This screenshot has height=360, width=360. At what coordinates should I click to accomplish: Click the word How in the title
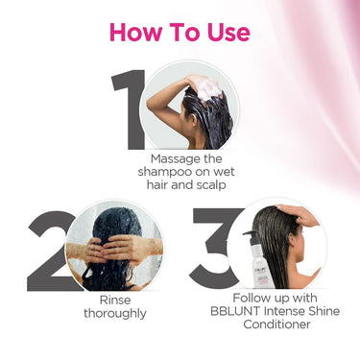[135, 33]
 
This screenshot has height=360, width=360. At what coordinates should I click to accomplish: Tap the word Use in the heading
[228, 33]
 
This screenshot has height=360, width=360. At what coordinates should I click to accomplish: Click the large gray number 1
[129, 109]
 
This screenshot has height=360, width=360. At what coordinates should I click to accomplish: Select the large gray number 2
[51, 251]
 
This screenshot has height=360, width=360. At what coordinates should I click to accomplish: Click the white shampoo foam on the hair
[209, 88]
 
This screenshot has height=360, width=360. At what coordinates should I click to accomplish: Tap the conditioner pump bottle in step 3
[262, 259]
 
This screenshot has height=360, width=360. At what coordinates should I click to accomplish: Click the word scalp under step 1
[211, 184]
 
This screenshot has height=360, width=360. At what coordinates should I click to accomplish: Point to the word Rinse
[115, 300]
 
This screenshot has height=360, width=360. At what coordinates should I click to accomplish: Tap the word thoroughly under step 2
[115, 314]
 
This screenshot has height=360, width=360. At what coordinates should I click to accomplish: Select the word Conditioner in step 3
[276, 324]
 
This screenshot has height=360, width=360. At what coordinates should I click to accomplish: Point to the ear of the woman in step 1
[194, 119]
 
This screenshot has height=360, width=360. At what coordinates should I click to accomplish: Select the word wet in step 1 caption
[225, 172]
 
